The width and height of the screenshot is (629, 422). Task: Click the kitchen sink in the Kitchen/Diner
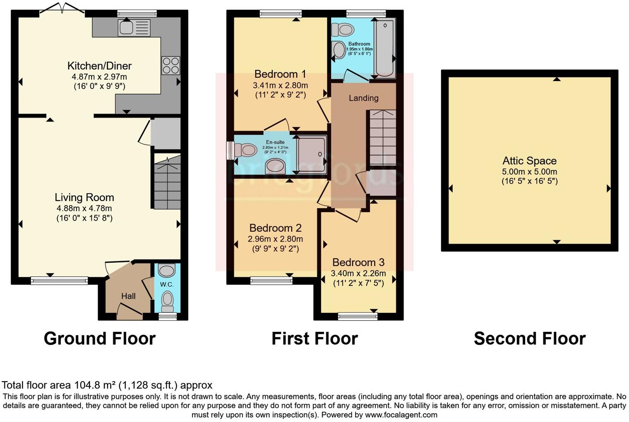pos(134,28)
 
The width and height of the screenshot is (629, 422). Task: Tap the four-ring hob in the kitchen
pos(170,65)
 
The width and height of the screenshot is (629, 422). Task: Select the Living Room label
pos(84,198)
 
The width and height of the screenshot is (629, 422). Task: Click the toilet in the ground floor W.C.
pos(168,299)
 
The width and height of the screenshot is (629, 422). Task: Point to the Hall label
pos(128,296)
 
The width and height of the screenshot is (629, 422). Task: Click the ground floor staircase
pos(167,182)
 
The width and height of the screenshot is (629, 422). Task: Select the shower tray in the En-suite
pos(312,154)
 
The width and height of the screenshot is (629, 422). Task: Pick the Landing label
pos(363,98)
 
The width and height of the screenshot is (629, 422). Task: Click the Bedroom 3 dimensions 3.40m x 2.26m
pos(358,273)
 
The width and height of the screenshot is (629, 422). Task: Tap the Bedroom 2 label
pos(275,228)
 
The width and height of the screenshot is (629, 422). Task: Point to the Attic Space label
pos(529,161)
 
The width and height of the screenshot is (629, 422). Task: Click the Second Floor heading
pos(529,339)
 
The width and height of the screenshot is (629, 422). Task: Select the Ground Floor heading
pos(99,339)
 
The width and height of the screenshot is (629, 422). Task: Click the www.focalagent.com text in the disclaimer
pos(401,415)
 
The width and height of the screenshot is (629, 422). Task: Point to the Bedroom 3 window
pos(358,316)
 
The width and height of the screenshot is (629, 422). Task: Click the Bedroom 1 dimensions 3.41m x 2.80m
pos(280,85)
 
